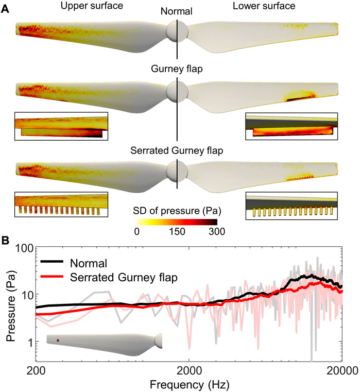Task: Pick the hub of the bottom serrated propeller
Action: click(x=177, y=168)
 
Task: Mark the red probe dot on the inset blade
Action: click(x=58, y=340)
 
